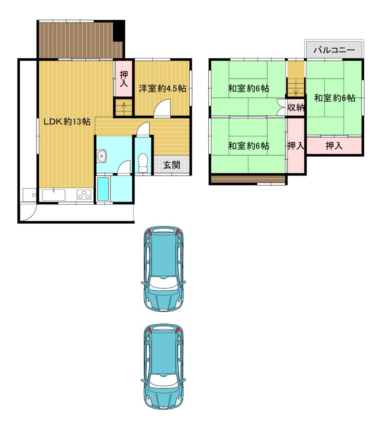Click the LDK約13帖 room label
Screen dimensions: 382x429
(x=67, y=121)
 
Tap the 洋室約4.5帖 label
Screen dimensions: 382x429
(x=163, y=88)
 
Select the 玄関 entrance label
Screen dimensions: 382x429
(x=172, y=165)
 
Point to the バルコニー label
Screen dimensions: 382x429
(x=334, y=50)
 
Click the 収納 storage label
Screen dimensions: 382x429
(x=296, y=108)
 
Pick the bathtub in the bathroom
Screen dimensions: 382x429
(x=103, y=189)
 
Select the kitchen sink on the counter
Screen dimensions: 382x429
(x=54, y=195)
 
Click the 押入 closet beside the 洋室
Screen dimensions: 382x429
(x=123, y=78)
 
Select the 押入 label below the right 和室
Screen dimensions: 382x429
(x=334, y=146)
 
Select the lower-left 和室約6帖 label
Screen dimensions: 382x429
(x=249, y=145)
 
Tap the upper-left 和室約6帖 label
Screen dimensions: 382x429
(x=249, y=88)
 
